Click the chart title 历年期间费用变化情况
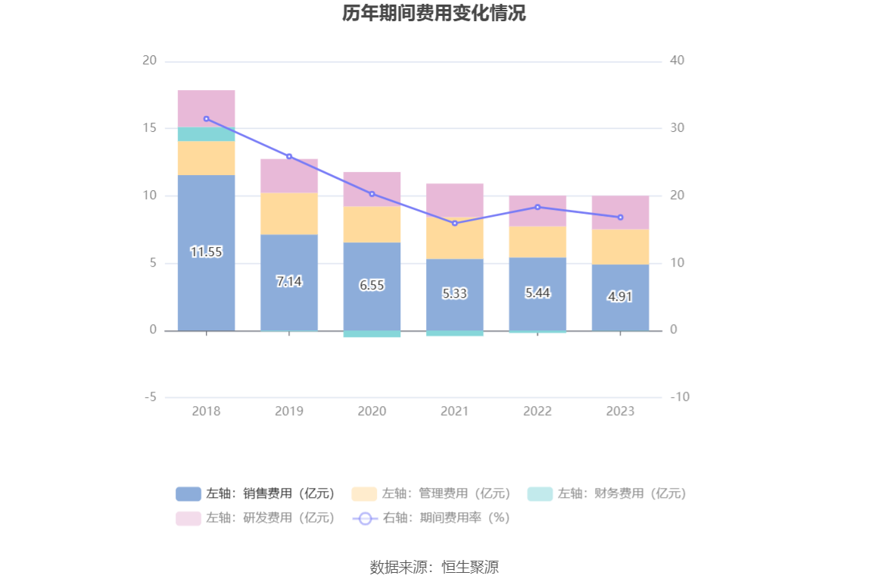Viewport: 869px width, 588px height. (434, 14)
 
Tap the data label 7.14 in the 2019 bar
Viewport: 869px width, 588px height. (289, 281)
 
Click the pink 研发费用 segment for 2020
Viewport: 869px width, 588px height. (372, 189)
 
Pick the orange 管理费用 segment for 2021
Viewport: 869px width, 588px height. (454, 238)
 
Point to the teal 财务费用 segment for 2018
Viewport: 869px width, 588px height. (206, 134)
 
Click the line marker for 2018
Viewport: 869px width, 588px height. (206, 119)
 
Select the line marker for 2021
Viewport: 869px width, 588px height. (454, 223)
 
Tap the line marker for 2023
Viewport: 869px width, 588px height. (620, 217)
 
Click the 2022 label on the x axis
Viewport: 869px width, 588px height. (537, 411)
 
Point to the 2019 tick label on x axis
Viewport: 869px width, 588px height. (289, 411)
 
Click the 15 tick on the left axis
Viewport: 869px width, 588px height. (149, 128)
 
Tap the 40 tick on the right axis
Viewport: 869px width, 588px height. (677, 61)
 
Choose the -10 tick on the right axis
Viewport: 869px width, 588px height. (679, 397)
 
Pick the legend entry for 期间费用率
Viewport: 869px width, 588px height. (431, 518)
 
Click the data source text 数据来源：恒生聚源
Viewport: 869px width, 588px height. (434, 567)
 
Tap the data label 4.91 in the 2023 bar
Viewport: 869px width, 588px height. (620, 297)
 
